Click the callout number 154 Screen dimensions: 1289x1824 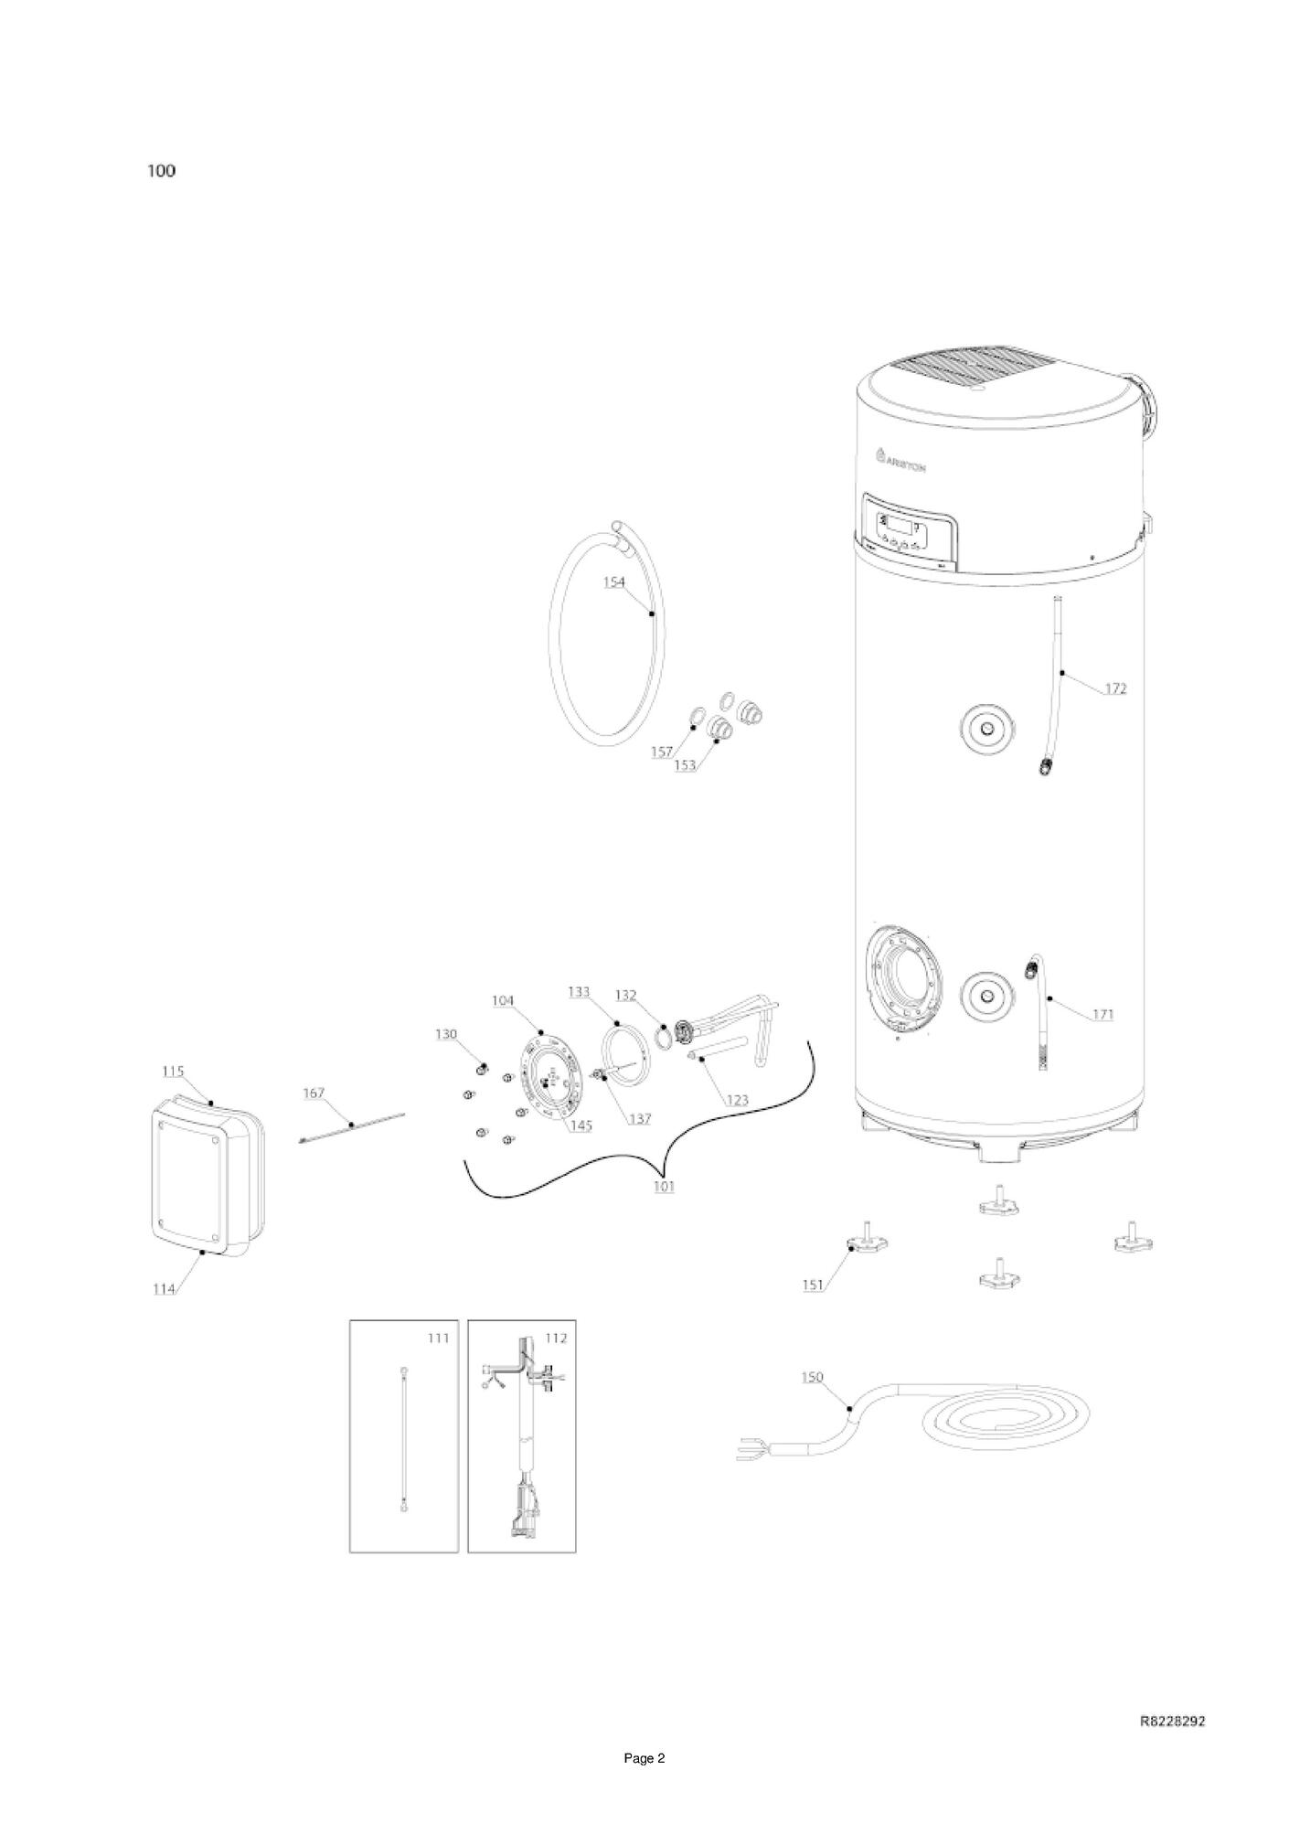click(x=613, y=581)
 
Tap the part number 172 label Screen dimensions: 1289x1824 click(x=1115, y=688)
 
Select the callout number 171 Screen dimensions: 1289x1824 click(x=1103, y=1014)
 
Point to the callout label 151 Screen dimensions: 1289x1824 click(x=813, y=1285)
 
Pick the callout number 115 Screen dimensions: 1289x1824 click(x=173, y=1071)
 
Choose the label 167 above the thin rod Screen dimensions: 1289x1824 click(x=314, y=1093)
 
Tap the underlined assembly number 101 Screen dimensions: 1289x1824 click(x=664, y=1188)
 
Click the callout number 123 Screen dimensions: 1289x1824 click(x=736, y=1100)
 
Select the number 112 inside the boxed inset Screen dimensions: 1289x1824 click(x=556, y=1339)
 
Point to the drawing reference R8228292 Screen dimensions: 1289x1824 click(x=1172, y=1721)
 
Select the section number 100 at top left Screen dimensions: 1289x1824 click(x=162, y=171)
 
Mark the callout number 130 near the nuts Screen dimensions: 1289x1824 click(x=445, y=1034)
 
